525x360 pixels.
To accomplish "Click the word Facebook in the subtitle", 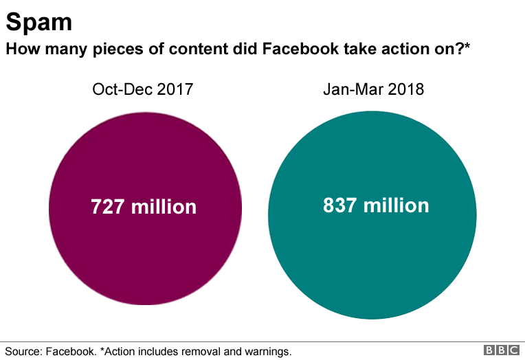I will tap(297, 49).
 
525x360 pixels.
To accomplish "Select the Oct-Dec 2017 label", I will tap(142, 89).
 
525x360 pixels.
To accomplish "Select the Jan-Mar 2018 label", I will tap(373, 89).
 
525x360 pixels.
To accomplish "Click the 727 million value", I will tap(144, 207).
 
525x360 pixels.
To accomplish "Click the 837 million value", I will tap(376, 205).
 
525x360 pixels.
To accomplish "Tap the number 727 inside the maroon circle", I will tap(108, 207).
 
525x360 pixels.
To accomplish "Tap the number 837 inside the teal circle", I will tap(340, 205).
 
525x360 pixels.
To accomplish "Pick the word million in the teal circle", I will tap(396, 205).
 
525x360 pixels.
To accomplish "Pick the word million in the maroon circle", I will tap(164, 207).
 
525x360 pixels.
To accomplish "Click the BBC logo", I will tap(502, 350).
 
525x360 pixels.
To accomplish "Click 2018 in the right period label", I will tap(405, 89).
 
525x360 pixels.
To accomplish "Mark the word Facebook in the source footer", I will tap(71, 351).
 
